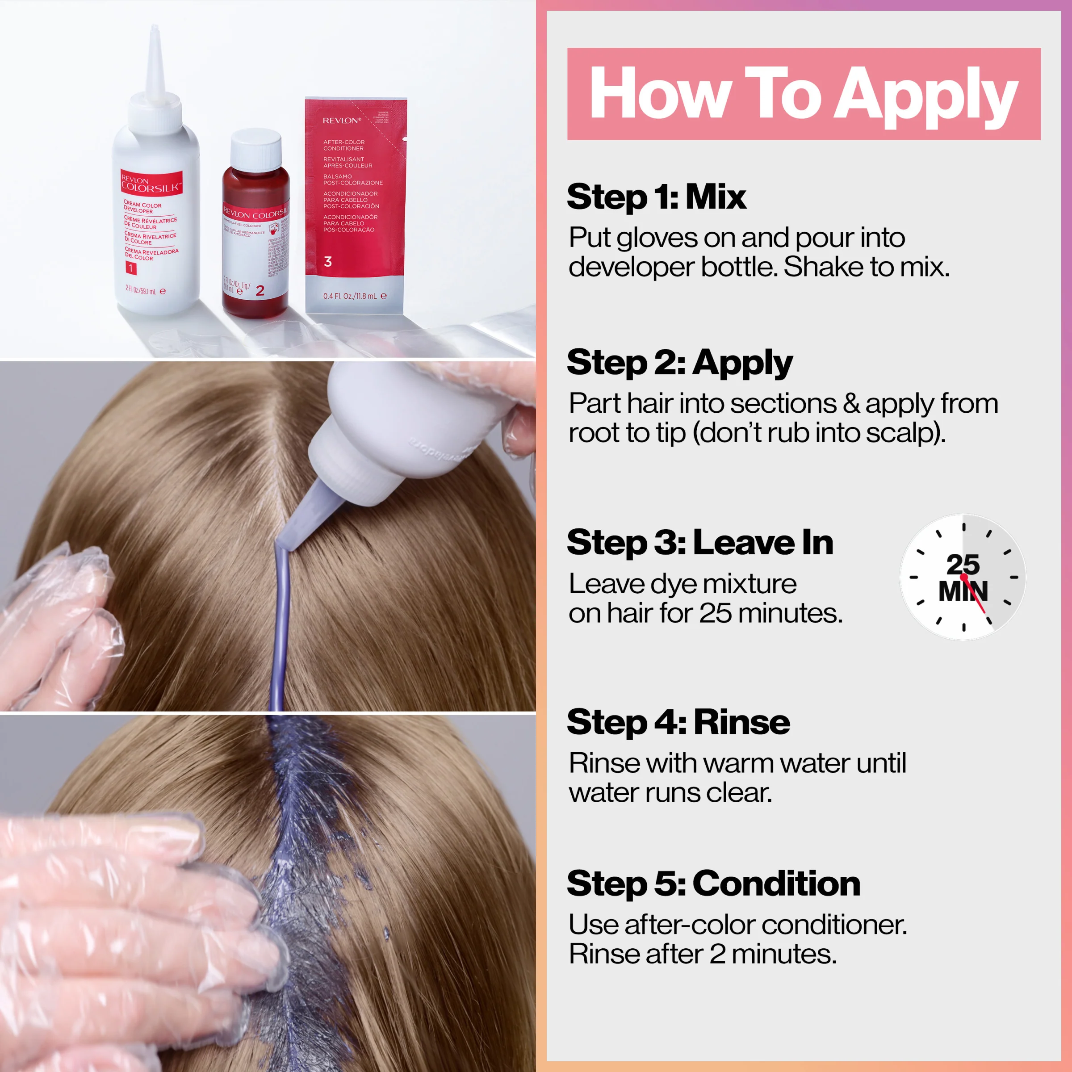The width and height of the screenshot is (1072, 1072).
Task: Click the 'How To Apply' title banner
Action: tap(804, 94)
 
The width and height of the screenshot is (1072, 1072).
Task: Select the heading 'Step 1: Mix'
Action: tap(657, 197)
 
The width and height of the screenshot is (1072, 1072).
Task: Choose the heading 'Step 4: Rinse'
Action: tap(678, 722)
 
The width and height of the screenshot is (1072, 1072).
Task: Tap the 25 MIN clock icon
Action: tap(963, 577)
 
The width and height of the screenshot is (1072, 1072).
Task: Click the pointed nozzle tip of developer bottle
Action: tap(155, 30)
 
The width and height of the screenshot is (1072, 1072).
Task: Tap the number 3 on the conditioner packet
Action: tap(328, 262)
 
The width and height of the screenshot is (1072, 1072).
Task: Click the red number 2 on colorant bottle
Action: tap(260, 291)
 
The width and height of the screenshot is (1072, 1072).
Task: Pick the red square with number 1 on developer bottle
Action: tap(131, 268)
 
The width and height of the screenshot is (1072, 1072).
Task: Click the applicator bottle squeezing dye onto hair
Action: tap(410, 427)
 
